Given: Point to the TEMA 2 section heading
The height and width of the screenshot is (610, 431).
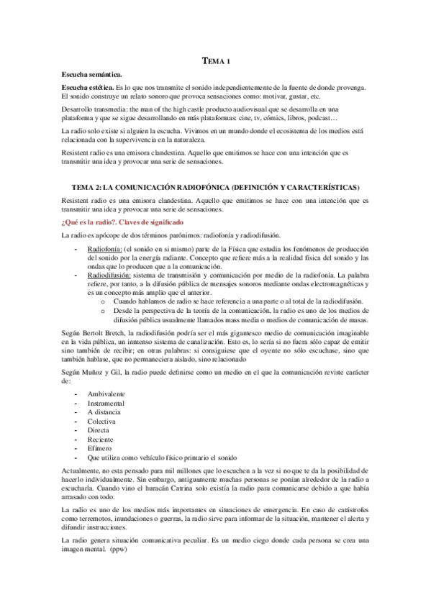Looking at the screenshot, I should [x=215, y=187].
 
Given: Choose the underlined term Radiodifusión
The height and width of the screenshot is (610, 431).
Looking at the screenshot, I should [x=108, y=274].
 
